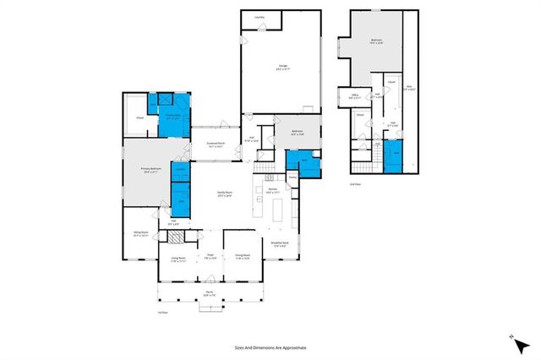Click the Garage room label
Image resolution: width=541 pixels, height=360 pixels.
(280, 67)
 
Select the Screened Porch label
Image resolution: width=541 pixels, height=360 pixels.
(216, 144)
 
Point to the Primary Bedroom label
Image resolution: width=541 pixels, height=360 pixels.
(151, 170)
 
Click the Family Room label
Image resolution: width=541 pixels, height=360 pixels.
(224, 194)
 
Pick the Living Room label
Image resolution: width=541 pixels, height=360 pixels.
(178, 259)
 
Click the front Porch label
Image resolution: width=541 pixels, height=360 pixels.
(208, 293)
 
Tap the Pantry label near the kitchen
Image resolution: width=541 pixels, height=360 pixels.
(292, 177)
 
